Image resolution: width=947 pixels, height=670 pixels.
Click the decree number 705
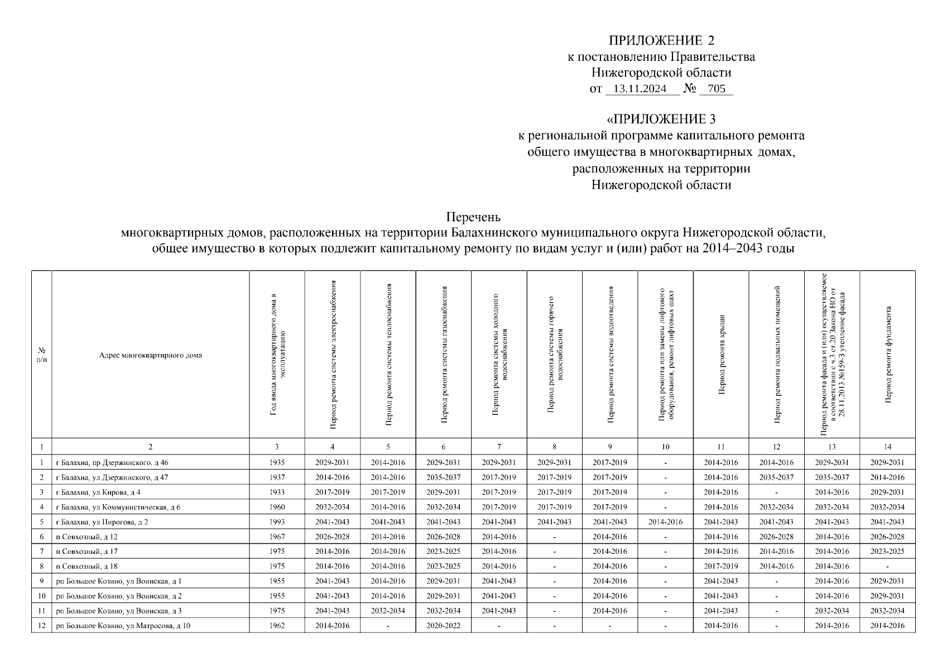click(x=716, y=89)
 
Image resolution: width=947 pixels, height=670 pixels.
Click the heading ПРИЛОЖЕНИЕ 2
click(x=661, y=41)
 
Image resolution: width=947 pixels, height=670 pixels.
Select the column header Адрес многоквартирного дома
click(x=150, y=355)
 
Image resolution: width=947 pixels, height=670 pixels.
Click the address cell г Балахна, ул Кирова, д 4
click(x=98, y=492)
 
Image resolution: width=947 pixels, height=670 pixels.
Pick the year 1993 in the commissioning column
click(x=277, y=521)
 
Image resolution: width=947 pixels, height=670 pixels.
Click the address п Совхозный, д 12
click(x=86, y=537)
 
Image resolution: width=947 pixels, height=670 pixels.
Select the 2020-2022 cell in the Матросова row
click(x=443, y=625)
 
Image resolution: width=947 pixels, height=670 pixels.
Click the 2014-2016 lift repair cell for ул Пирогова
click(x=665, y=521)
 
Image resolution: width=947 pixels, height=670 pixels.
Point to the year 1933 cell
click(x=277, y=492)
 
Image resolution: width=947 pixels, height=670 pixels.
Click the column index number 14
click(x=887, y=447)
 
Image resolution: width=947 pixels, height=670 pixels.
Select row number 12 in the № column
click(x=41, y=625)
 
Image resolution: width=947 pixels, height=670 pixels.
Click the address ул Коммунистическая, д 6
click(x=118, y=507)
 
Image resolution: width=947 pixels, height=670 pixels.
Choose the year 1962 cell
click(x=277, y=625)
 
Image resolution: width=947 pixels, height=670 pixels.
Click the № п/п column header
click(x=41, y=355)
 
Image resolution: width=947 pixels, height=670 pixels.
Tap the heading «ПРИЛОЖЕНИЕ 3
click(x=661, y=119)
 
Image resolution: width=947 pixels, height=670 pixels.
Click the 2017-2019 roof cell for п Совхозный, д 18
click(x=721, y=566)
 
